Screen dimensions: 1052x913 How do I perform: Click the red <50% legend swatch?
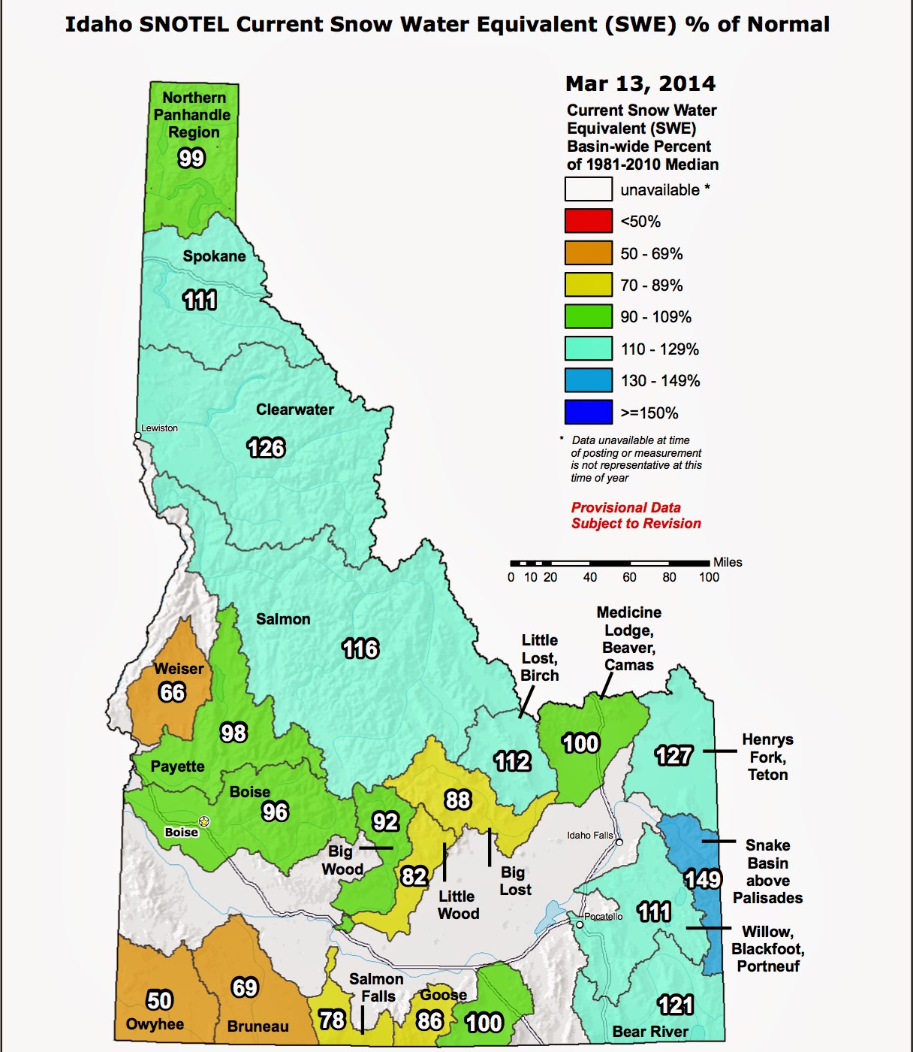pos(588,221)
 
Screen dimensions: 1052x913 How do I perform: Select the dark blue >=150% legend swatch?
pos(588,413)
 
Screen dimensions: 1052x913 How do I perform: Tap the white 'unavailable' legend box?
pos(588,189)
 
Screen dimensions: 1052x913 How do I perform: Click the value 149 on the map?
pos(703,878)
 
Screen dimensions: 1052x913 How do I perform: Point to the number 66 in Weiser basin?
pos(172,692)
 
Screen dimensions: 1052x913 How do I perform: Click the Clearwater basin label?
pos(294,410)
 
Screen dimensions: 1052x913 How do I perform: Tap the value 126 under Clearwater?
pos(266,448)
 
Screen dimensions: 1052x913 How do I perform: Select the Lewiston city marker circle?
pos(137,435)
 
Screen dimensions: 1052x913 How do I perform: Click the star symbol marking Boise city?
pos(204,821)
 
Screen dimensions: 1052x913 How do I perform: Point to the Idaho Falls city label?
pos(589,835)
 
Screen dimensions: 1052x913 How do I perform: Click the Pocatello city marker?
pos(580,924)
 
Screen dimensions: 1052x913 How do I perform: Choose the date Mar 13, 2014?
pos(640,83)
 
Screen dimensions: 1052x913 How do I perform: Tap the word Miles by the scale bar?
pos(727,562)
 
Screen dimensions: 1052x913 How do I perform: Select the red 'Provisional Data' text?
pos(625,507)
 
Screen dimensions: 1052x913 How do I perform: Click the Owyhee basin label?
pos(155,1024)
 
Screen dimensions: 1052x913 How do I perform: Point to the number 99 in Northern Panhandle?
pos(191,158)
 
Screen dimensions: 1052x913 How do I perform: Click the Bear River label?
pos(650,1032)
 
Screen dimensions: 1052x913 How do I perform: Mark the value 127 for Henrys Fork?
pos(673,754)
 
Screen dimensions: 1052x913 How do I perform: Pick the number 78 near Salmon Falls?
pos(332,1019)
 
